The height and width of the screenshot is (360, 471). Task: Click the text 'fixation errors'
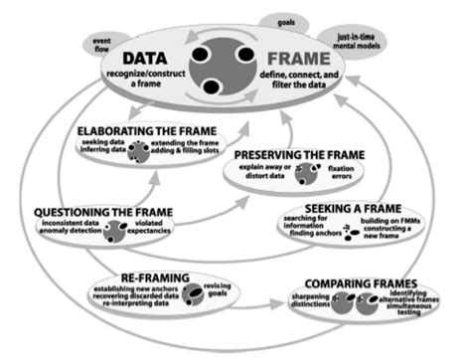click(x=363, y=178)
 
